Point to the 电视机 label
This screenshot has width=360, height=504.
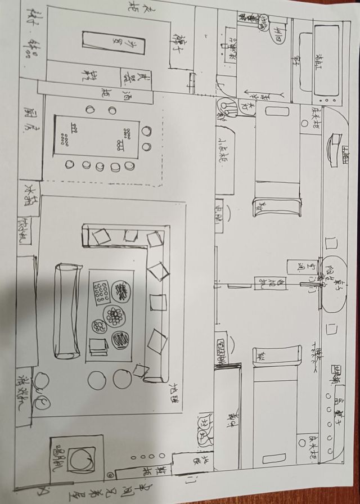[262, 284]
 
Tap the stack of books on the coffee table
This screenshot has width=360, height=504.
[99, 346]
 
